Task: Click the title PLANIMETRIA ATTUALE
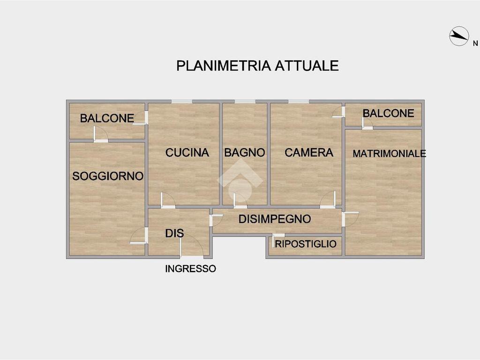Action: coord(257,66)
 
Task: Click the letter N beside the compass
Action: coord(475,44)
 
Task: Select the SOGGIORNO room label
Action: coord(107,176)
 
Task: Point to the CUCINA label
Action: coord(187,152)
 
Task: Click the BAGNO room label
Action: coord(244,152)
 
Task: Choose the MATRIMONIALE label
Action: coord(389,153)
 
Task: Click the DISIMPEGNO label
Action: coord(274,219)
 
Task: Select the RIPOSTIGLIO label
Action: coord(305,244)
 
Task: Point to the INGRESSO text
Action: coord(190,269)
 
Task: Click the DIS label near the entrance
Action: coord(174,233)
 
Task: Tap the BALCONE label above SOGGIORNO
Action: coord(107,118)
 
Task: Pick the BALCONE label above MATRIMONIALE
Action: coord(388,113)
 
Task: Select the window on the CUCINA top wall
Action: coord(181,101)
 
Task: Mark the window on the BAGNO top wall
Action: coord(245,101)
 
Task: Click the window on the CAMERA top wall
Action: coord(299,101)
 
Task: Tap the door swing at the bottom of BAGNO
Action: coord(240,200)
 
